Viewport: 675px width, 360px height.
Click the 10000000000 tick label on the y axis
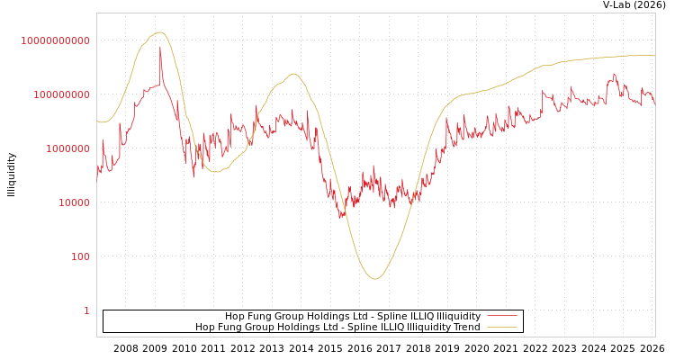click(56, 40)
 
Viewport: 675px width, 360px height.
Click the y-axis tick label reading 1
click(86, 310)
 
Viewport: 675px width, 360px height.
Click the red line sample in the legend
click(501, 316)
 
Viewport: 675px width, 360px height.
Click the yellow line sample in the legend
click(501, 327)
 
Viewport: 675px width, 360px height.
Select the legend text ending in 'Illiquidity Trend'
click(337, 327)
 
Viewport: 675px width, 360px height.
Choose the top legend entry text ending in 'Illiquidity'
click(353, 316)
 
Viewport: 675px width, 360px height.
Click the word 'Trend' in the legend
click(466, 327)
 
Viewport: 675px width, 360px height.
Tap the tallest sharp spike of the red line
click(160, 47)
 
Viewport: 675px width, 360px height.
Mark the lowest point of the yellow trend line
click(375, 279)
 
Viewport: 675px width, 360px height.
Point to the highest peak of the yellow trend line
click(159, 32)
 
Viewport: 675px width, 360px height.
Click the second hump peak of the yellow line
click(293, 74)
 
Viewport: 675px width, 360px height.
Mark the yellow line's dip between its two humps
click(216, 171)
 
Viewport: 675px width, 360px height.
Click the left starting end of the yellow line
click(97, 121)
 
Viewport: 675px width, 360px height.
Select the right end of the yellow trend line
click(654, 56)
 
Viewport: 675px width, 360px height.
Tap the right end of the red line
click(654, 103)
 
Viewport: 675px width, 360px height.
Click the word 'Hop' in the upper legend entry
click(233, 316)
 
